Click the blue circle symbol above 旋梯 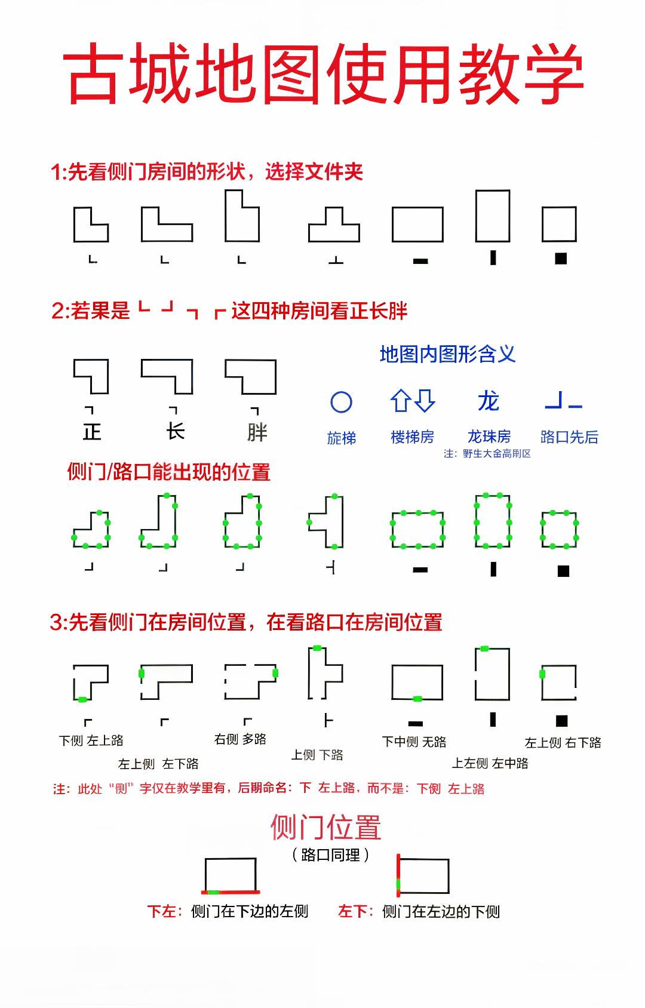[341, 402]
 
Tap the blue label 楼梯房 [412, 437]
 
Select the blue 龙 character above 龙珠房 [488, 401]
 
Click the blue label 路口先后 [569, 437]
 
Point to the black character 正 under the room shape [92, 432]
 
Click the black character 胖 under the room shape [257, 432]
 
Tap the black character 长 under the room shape [175, 432]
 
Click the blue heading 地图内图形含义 [447, 354]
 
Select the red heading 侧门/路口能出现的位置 [168, 472]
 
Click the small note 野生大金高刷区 [496, 454]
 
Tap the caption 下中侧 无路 [414, 742]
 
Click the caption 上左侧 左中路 [490, 763]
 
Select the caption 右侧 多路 [240, 739]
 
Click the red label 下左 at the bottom [161, 911]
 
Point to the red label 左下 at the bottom [352, 911]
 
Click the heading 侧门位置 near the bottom [325, 828]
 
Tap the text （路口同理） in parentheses [330, 855]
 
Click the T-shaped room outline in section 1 [334, 225]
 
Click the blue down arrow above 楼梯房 [425, 400]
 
